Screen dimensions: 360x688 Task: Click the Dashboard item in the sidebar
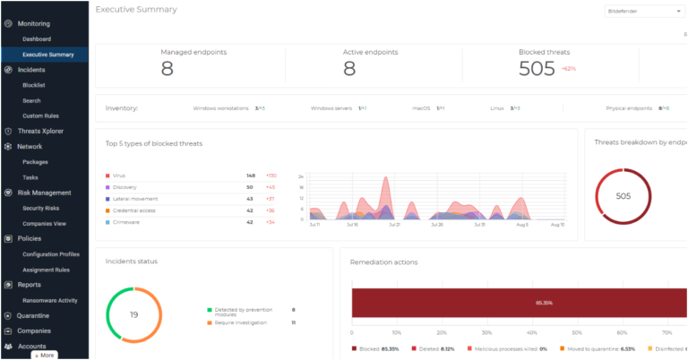(x=37, y=39)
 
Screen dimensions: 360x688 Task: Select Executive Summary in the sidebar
(x=47, y=55)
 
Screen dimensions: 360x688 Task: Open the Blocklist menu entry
(x=33, y=85)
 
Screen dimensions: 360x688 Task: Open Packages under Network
(x=35, y=162)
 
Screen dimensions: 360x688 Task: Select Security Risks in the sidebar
(x=40, y=208)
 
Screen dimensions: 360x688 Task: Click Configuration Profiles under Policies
(x=51, y=253)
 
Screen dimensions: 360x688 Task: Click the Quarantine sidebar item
(x=35, y=315)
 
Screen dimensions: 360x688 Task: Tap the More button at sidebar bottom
(x=44, y=355)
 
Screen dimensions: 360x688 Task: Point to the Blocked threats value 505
(x=537, y=69)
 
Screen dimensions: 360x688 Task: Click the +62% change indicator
(x=569, y=69)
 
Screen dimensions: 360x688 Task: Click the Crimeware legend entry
(x=125, y=221)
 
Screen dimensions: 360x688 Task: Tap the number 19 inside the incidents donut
(x=133, y=314)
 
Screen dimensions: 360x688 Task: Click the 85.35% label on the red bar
(x=544, y=303)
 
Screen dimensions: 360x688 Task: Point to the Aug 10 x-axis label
(x=556, y=226)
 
